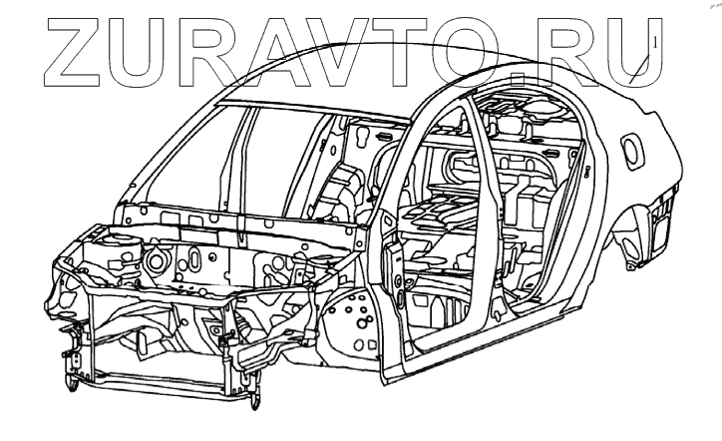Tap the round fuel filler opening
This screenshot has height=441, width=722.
[x=632, y=151]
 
